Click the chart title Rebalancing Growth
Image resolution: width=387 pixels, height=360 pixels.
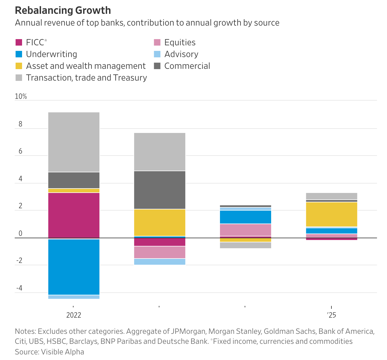point(63,10)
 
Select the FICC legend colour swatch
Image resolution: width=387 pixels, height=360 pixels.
point(19,42)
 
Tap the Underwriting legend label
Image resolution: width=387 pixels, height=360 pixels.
point(51,54)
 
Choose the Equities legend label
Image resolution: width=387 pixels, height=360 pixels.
point(180,42)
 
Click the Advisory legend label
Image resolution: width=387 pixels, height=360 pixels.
point(181,54)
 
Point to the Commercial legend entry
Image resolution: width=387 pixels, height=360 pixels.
point(187,66)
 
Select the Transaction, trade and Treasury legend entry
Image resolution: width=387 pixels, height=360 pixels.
point(86,78)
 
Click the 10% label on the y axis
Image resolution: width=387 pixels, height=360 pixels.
point(21,96)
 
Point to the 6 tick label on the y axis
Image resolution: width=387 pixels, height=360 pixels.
point(20,151)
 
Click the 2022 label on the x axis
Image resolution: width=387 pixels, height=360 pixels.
point(74,315)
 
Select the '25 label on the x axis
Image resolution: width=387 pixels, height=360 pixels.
point(331,315)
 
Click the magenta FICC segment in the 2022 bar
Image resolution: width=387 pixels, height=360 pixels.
point(74,215)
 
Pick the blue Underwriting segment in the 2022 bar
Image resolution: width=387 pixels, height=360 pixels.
point(74,267)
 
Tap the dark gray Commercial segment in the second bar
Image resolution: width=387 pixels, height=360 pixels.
point(160,190)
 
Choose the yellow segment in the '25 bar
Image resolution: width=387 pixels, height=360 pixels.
point(331,214)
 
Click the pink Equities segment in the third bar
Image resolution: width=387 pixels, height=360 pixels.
point(246,230)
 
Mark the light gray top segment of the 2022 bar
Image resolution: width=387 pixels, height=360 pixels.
point(74,142)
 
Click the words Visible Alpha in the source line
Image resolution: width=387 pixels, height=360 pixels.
point(62,352)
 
